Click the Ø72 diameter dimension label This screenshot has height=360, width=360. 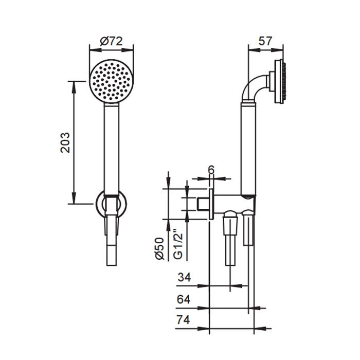(112, 41)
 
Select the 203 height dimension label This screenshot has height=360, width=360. (65, 142)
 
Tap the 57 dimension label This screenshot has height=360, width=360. (265, 41)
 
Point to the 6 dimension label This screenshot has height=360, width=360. (211, 170)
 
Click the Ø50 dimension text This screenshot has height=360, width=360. (160, 248)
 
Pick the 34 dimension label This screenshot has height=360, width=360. (184, 277)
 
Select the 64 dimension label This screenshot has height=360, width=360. (184, 299)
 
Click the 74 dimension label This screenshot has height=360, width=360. (184, 320)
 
